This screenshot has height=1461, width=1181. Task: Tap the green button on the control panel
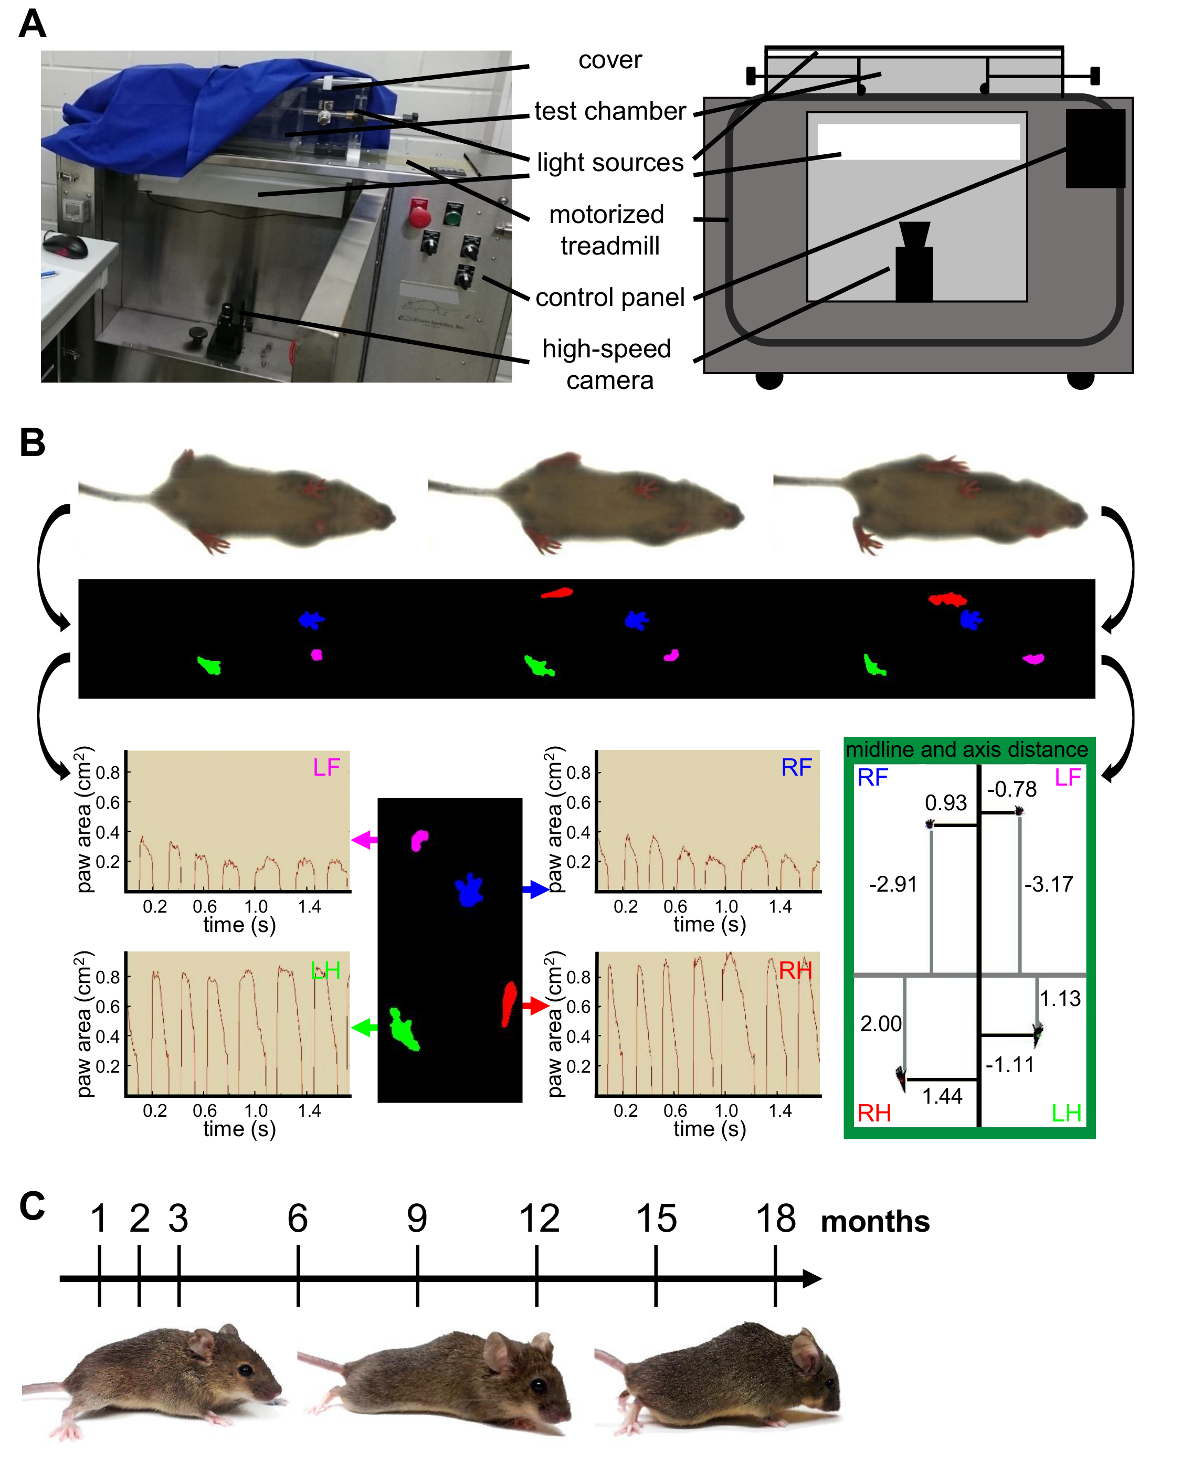pyautogui.click(x=453, y=214)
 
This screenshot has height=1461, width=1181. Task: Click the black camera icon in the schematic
pyautogui.click(x=914, y=262)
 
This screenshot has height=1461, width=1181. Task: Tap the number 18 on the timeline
pyautogui.click(x=776, y=1217)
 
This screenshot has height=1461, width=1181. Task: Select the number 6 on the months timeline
pyautogui.click(x=297, y=1217)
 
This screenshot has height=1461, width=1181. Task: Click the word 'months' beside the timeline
pyautogui.click(x=875, y=1222)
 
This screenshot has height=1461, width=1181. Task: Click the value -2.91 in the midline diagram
pyautogui.click(x=893, y=884)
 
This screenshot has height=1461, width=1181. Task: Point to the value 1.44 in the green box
pyautogui.click(x=942, y=1096)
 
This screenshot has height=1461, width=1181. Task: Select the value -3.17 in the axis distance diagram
pyautogui.click(x=1049, y=884)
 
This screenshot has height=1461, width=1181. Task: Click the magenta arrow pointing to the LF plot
pyautogui.click(x=365, y=840)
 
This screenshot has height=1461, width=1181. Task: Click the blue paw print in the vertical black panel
pyautogui.click(x=469, y=890)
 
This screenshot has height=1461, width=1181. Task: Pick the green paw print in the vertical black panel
pyautogui.click(x=404, y=1029)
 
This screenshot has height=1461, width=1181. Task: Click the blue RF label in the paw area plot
pyautogui.click(x=797, y=768)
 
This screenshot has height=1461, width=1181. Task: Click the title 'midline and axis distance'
pyautogui.click(x=967, y=749)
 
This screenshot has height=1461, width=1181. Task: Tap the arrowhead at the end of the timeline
pyautogui.click(x=813, y=1279)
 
